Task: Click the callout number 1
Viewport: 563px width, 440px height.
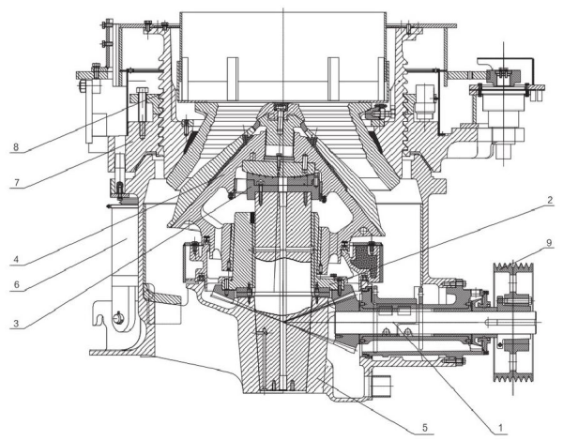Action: pos(500,428)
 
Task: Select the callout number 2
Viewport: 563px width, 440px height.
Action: pos(550,201)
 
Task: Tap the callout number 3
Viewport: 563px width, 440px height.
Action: pos(16,323)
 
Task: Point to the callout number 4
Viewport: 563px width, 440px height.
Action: pos(16,259)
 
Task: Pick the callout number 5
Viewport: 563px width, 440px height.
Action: pos(425,428)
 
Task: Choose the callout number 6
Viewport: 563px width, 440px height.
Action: pos(16,285)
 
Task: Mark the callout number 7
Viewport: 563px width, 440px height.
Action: pos(16,182)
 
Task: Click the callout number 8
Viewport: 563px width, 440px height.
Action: pos(16,146)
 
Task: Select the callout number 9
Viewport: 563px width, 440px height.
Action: pos(550,243)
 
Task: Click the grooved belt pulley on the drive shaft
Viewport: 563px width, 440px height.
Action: pos(514,322)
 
